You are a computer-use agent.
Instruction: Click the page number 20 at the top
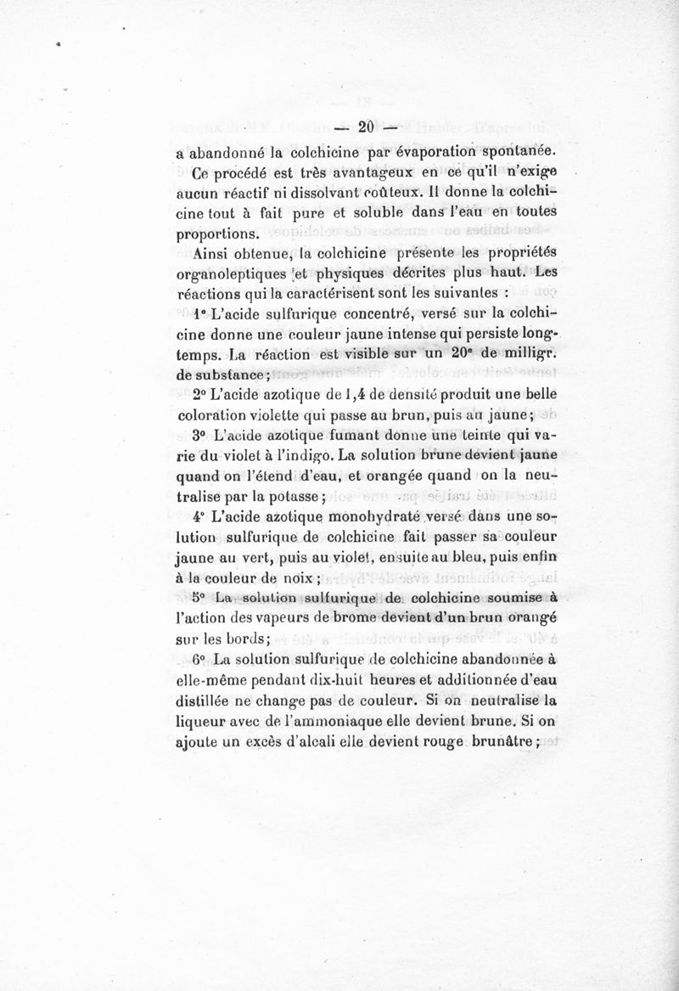pos(367,128)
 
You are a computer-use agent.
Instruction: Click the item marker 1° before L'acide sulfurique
pos(200,313)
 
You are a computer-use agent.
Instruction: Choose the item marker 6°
pos(199,659)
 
